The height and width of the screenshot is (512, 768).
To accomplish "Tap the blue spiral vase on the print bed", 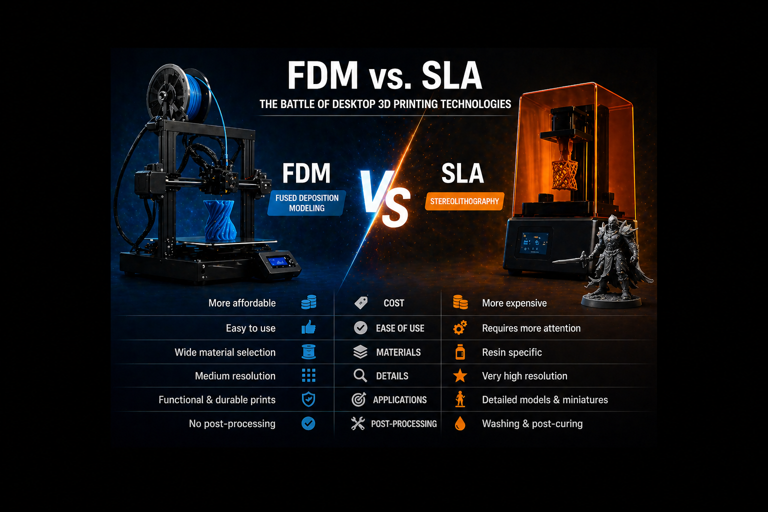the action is (220, 220).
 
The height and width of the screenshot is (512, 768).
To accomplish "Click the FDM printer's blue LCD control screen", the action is (277, 261).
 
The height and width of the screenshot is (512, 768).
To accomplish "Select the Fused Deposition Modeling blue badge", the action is (306, 203).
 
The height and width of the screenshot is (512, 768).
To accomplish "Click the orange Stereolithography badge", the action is (464, 201).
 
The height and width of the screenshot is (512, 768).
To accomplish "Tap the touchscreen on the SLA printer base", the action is (534, 243).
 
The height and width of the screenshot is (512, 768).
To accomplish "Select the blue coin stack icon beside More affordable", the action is (308, 302).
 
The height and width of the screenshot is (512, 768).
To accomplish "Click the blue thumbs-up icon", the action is (308, 327).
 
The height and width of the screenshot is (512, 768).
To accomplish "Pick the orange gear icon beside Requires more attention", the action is (460, 327).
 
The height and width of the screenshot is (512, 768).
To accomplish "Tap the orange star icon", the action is (460, 376).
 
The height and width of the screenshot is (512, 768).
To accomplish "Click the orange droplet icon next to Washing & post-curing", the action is (460, 423).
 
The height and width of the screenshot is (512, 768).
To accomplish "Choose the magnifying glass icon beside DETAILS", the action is (360, 376).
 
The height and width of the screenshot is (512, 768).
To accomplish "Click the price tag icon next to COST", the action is (360, 303).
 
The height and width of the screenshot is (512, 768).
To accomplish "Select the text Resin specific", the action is (512, 352).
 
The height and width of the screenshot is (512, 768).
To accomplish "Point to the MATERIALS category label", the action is (398, 352).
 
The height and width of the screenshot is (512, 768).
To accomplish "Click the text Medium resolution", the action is (235, 376).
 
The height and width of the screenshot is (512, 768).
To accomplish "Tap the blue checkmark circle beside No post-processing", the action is (308, 423).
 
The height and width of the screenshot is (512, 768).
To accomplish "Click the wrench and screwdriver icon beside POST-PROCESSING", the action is (358, 423).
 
